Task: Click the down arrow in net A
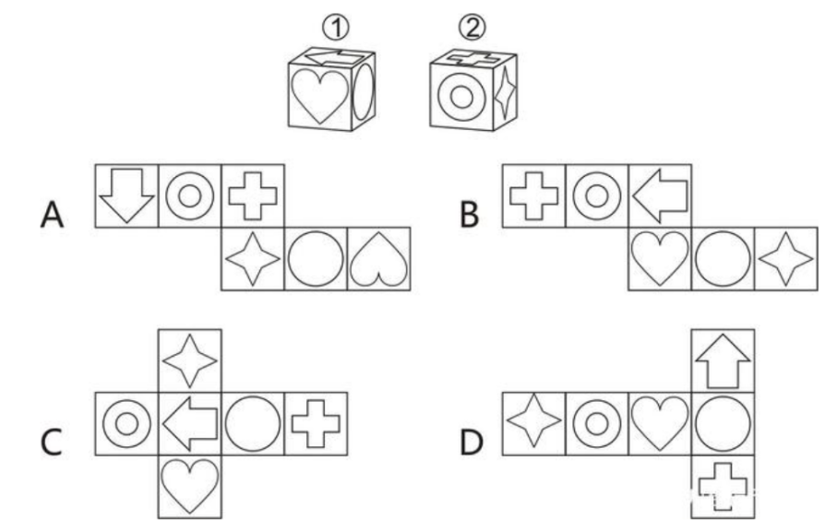(126, 195)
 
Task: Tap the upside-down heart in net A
(378, 259)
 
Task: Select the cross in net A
(253, 195)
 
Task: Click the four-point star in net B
(785, 259)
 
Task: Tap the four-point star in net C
(190, 360)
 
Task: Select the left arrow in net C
(190, 423)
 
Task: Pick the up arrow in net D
(723, 360)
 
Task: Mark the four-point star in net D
(533, 423)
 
